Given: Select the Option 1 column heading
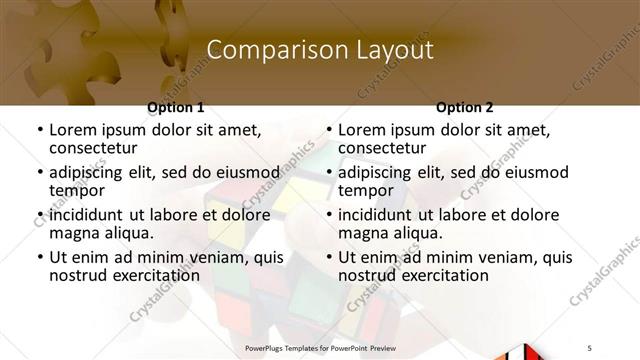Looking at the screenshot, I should [176, 107].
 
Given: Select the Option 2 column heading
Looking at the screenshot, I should [465, 107].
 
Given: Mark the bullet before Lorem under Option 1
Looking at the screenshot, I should [39, 130].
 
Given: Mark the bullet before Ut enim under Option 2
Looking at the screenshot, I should [328, 257].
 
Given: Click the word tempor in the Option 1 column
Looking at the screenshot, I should [77, 190].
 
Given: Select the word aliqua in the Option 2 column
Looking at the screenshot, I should [418, 233].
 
